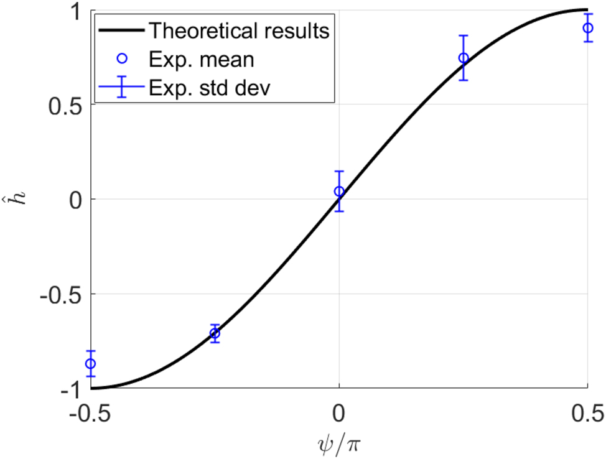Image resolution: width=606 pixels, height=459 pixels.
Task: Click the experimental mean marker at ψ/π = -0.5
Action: coord(90,364)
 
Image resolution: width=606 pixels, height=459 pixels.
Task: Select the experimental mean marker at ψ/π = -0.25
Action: coord(215,333)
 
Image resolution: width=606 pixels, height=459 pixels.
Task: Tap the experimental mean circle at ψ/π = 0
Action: coord(339,191)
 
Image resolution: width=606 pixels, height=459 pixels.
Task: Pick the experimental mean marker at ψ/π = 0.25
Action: coord(463,58)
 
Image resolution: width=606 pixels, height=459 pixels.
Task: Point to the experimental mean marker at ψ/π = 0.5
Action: coord(587,28)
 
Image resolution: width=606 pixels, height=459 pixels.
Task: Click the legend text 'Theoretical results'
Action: coord(240,30)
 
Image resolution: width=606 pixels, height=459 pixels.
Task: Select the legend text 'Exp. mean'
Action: coord(201,59)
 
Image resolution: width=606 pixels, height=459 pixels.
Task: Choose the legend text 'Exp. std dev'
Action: coord(210,87)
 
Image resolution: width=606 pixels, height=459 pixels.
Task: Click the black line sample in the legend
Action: coord(121,30)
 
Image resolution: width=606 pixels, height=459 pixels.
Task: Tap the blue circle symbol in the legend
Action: coord(122,59)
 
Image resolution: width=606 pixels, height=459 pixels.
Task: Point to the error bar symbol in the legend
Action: coord(122,87)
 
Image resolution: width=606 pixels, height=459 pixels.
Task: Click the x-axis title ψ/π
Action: coord(338,444)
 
